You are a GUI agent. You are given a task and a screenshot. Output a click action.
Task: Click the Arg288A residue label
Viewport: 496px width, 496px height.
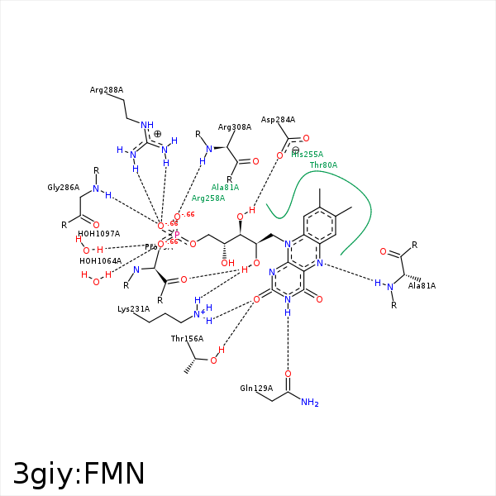(107, 90)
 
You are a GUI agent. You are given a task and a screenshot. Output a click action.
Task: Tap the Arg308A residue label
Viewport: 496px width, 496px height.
(235, 127)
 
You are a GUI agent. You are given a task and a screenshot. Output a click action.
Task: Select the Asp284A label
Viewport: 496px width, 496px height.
(278, 119)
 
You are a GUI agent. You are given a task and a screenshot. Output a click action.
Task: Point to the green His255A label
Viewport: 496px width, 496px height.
(307, 155)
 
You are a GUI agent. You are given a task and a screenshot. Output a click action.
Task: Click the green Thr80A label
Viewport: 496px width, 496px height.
(323, 165)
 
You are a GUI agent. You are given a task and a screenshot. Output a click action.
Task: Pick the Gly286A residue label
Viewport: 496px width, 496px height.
(63, 188)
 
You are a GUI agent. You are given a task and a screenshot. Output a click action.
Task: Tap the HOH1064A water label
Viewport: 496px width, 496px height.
(100, 261)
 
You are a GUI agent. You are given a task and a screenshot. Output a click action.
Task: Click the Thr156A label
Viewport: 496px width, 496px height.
(187, 339)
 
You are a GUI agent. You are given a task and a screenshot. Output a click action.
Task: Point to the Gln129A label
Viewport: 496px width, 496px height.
(256, 389)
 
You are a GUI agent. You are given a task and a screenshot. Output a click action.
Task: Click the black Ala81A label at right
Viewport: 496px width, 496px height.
(422, 286)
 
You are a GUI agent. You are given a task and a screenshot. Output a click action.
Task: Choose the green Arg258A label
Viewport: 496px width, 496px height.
(208, 198)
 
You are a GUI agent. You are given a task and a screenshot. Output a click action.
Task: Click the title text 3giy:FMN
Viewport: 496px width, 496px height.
(79, 473)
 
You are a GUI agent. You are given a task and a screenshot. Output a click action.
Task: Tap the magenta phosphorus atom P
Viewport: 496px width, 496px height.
(176, 235)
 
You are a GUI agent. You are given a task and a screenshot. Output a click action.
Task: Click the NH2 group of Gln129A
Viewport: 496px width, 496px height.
(310, 403)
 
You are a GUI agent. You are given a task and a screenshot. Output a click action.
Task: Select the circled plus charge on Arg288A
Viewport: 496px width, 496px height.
(158, 134)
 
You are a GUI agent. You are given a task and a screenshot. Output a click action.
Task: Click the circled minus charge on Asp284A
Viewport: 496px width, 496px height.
(295, 150)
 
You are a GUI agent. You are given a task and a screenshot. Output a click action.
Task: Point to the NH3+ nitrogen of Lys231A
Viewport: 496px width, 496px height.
(198, 313)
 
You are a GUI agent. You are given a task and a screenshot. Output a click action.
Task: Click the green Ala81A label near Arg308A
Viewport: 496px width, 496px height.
(225, 188)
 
